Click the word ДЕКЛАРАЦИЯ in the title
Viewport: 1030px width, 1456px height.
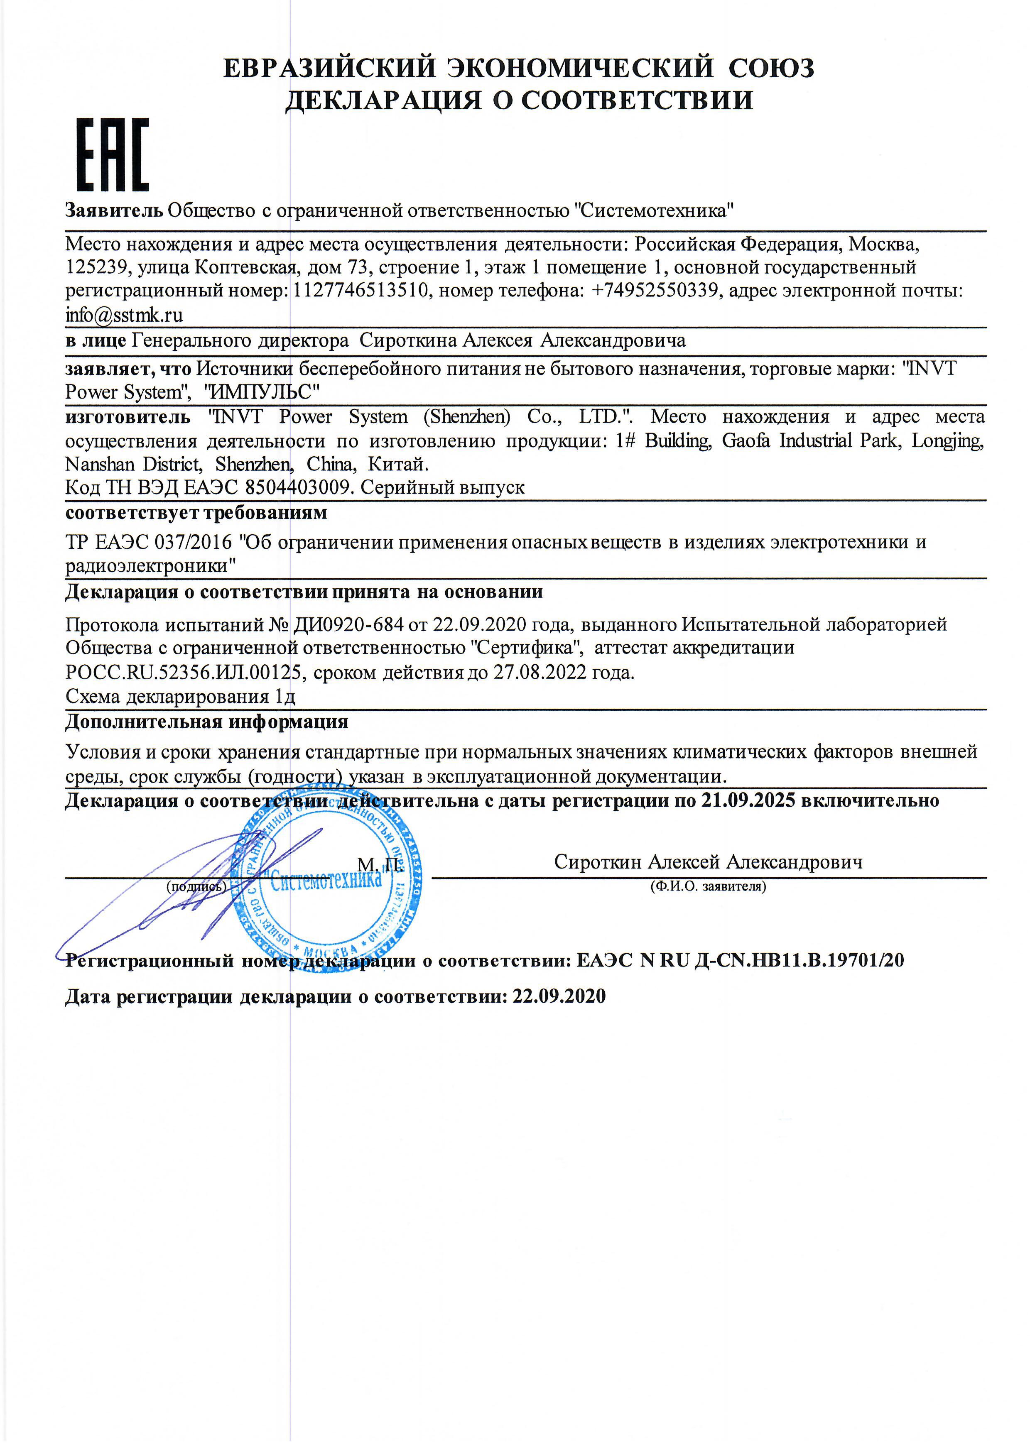pyautogui.click(x=383, y=100)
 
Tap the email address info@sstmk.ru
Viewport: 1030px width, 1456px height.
pyautogui.click(x=124, y=315)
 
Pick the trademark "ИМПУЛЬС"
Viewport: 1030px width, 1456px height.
pyautogui.click(x=261, y=392)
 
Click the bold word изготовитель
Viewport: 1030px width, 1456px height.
pyautogui.click(x=128, y=417)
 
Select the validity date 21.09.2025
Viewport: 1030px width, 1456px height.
pyautogui.click(x=748, y=800)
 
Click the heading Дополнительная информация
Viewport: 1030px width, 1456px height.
pyautogui.click(x=207, y=722)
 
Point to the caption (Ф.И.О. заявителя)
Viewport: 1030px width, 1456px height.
pyautogui.click(x=708, y=886)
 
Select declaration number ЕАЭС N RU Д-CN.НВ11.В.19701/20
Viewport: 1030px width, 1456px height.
pyautogui.click(x=740, y=960)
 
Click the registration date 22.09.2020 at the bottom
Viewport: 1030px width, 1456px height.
pyautogui.click(x=559, y=996)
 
